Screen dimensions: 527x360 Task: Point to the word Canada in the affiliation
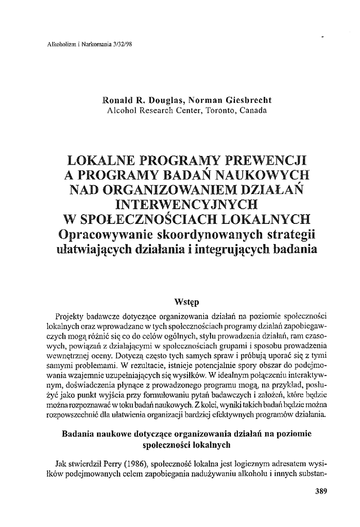pos(252,111)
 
